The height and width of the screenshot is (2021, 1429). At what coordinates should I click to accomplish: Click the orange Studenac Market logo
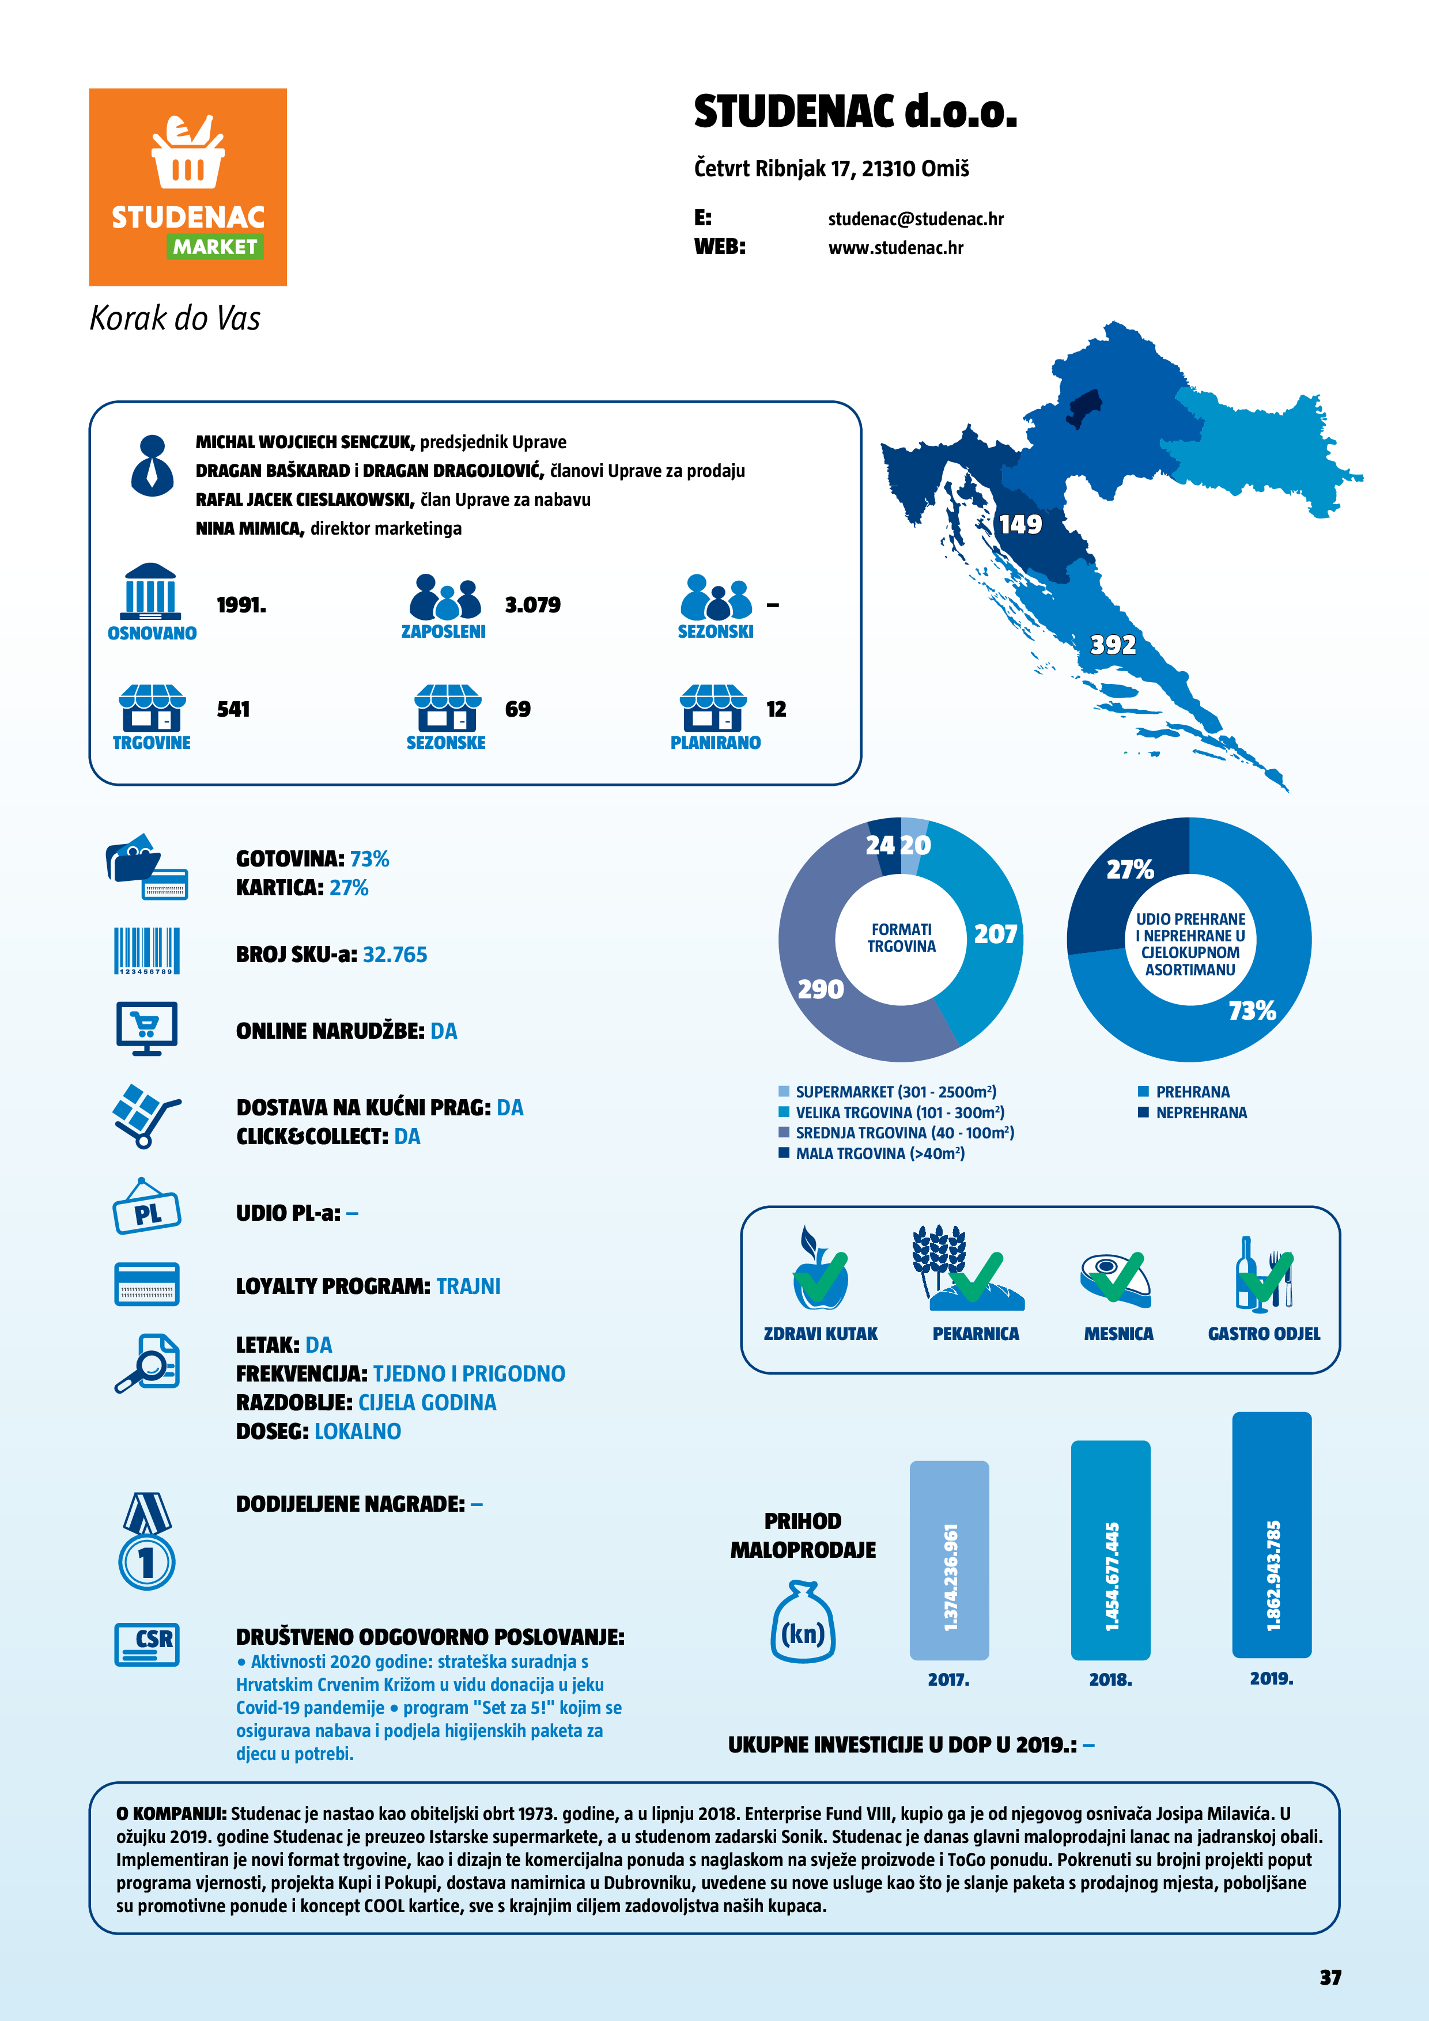[x=187, y=187]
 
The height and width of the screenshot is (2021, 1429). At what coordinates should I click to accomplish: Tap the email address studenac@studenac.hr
[x=915, y=219]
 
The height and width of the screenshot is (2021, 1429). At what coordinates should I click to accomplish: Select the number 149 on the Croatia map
[x=1019, y=525]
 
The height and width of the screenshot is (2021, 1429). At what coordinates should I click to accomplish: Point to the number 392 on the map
[x=1113, y=645]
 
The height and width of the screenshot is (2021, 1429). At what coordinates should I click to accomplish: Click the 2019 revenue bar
[x=1271, y=1535]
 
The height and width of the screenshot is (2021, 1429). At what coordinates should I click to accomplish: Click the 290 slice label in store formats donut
[x=820, y=989]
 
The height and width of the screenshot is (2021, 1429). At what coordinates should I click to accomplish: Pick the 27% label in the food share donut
[x=1129, y=870]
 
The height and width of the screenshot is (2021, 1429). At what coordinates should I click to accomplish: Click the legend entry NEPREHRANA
[x=1201, y=1112]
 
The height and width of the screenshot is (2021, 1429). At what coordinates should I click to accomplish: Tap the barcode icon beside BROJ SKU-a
[x=147, y=951]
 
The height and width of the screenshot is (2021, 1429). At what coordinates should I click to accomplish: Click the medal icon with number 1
[x=147, y=1542]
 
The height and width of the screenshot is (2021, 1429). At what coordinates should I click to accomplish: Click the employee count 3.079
[x=532, y=605]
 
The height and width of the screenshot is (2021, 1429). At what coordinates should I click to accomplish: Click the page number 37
[x=1329, y=1977]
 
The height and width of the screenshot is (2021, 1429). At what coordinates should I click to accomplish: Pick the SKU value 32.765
[x=395, y=955]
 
